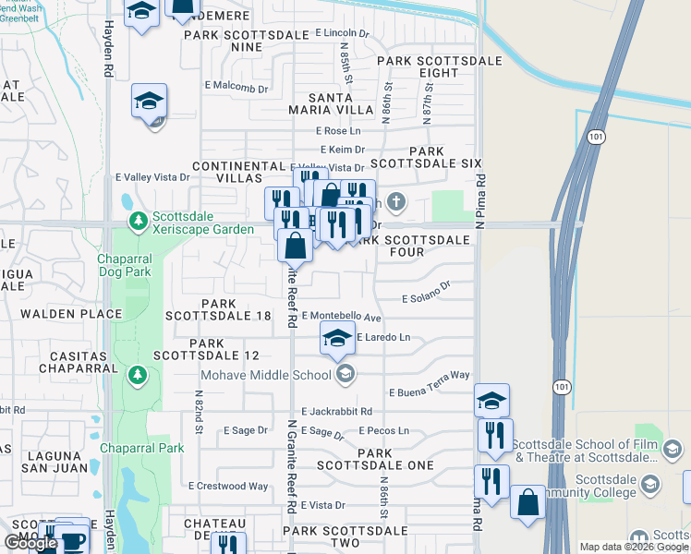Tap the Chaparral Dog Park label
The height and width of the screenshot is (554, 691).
pos(131,266)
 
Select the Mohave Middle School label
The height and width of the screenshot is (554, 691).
pos(267,375)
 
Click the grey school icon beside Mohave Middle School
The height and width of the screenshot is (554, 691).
pos(345,374)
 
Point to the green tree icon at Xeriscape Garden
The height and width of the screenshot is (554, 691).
pos(139,222)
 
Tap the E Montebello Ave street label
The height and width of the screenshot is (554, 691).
pos(341,317)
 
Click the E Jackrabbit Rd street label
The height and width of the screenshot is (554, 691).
pos(336,411)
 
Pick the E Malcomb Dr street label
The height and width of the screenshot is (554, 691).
pos(236,89)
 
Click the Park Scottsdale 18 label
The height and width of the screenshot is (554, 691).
pos(218,309)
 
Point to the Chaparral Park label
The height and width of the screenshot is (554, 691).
pos(142,449)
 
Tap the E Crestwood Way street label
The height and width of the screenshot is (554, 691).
pos(228,486)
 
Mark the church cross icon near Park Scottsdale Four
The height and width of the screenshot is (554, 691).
pos(395,201)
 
